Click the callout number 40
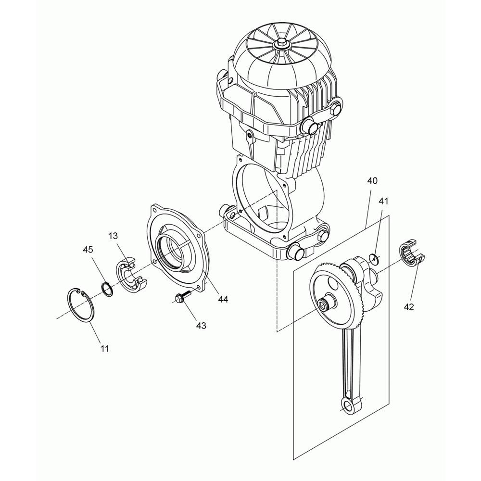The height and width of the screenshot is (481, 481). pos(372,181)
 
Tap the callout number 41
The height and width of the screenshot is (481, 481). pos(383,201)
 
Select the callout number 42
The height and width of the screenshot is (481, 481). pos(409,306)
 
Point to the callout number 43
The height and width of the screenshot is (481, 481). pos(201,326)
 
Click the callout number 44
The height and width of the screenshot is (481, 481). pos(223,299)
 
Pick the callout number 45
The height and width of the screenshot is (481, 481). pos(88,250)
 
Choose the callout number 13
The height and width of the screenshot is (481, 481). pos(113,236)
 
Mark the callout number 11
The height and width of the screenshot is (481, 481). pos(104,348)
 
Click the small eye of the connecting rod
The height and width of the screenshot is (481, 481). pos(348,407)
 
